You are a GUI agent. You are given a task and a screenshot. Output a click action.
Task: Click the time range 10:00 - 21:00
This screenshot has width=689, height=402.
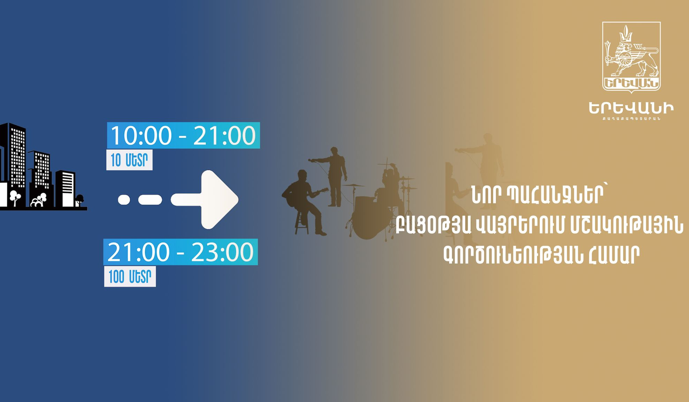tap(183, 135)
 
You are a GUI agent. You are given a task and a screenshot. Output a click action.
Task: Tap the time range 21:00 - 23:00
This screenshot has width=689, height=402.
tap(181, 252)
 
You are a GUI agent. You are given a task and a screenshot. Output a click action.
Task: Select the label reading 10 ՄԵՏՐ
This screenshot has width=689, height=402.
tap(129, 160)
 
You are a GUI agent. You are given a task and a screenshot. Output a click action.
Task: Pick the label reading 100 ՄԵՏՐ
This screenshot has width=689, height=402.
tap(130, 277)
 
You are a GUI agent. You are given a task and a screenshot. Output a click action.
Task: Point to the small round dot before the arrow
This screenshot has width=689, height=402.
tap(124, 200)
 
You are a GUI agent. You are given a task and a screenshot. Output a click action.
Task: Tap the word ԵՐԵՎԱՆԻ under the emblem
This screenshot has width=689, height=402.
tap(631, 109)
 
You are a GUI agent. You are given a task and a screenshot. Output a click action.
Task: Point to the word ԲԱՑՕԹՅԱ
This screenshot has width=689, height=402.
tap(433, 225)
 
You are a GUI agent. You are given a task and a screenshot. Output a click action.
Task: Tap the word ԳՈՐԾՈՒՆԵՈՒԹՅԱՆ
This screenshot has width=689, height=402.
tap(513, 255)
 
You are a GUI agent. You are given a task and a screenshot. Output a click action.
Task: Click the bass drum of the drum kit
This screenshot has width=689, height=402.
tap(368, 218)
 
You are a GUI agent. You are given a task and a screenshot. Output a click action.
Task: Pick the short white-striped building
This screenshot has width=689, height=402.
tap(66, 188)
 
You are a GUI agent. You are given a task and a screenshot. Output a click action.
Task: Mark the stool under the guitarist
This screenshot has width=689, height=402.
tap(302, 223)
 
